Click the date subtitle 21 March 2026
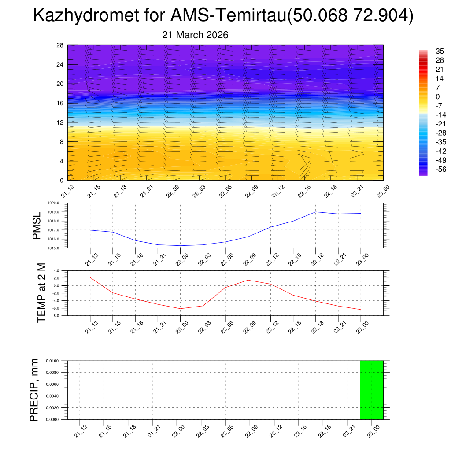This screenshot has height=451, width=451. pos(195,35)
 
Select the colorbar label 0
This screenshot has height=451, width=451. pos(437,96)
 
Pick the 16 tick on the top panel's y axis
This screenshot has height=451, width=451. pos(60,103)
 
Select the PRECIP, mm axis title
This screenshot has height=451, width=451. pos(34,390)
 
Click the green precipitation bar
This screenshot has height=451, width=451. pos(371,390)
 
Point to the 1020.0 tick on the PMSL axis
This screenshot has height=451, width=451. pos(59,203)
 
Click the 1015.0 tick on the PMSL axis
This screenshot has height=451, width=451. pos(59,248)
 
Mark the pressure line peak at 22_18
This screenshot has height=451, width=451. pos(316,212)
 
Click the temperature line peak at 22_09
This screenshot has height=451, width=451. pos(248,280)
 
